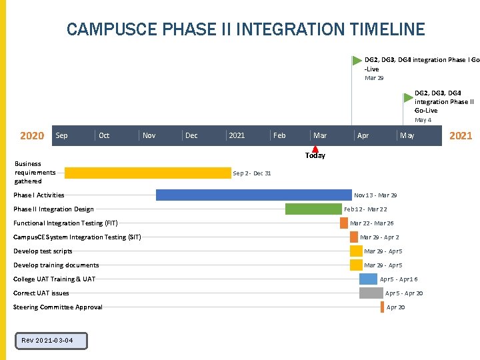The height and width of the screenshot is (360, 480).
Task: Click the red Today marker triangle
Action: (315, 149)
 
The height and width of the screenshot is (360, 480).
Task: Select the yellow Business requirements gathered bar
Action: (147, 173)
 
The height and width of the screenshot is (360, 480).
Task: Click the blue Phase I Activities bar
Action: (254, 195)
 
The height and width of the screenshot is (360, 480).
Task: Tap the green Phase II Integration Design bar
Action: (313, 209)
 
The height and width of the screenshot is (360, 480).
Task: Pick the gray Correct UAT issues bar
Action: (371, 293)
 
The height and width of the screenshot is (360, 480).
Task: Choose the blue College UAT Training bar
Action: (368, 279)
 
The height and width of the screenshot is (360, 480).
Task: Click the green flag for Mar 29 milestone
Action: (357, 61)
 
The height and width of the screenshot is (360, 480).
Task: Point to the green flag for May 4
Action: (408, 97)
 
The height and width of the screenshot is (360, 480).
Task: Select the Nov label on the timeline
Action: (149, 135)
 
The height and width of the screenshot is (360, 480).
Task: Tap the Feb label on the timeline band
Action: (279, 135)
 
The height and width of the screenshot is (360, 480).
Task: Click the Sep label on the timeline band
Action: (61, 135)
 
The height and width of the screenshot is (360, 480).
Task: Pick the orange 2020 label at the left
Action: (32, 136)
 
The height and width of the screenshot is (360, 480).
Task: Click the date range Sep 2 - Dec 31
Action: (252, 173)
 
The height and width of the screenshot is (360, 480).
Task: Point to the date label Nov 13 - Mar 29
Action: (375, 195)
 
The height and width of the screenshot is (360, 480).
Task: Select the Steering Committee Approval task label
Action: (58, 307)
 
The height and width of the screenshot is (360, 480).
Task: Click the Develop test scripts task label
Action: (43, 251)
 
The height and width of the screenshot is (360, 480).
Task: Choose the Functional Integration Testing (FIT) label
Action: (65, 223)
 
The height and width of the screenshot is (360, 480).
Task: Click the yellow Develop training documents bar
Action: (356, 265)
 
